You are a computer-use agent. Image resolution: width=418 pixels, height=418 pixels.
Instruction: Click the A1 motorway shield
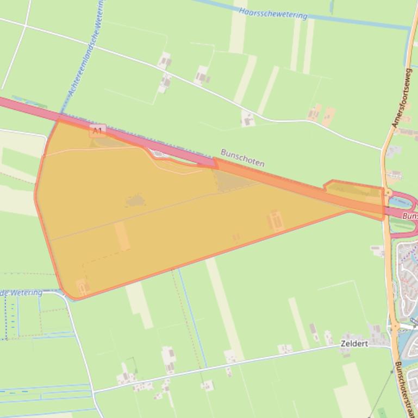[x=97, y=130]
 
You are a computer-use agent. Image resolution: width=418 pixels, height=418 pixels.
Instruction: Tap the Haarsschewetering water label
[x=273, y=13]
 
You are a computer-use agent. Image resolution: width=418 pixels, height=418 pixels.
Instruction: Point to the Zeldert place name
[x=354, y=344]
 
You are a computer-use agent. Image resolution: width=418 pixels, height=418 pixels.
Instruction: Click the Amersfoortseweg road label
[x=401, y=101]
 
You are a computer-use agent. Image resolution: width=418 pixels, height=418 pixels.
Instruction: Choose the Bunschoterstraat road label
[x=404, y=388]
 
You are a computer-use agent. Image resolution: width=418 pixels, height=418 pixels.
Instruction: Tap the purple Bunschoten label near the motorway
[x=242, y=157]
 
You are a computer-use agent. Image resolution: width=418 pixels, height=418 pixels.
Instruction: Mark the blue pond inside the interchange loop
[x=401, y=202]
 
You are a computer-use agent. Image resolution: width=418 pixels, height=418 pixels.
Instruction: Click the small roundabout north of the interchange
[x=388, y=192]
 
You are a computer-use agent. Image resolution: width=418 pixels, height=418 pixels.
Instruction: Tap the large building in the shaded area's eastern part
[x=276, y=220]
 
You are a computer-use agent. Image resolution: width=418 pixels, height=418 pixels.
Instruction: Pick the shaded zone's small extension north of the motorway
[x=353, y=189]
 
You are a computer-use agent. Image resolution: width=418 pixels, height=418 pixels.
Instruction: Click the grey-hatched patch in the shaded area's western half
[x=135, y=201]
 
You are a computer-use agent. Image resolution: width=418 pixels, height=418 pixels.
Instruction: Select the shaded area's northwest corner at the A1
[x=59, y=120]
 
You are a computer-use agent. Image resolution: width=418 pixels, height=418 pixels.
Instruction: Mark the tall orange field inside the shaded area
[x=122, y=236]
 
